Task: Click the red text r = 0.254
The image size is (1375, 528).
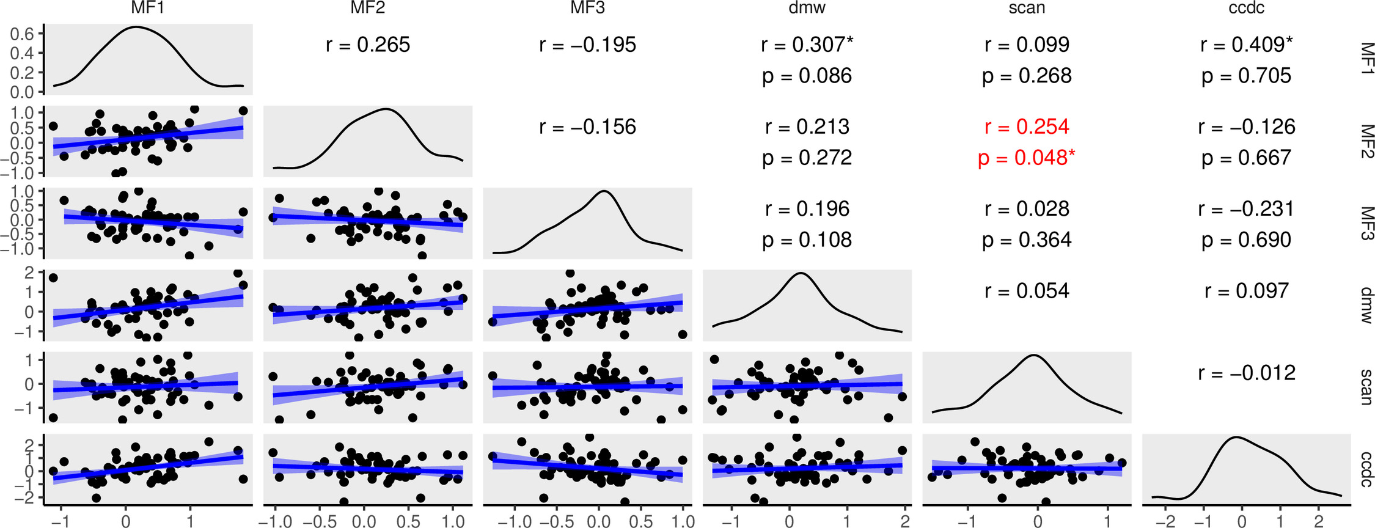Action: click(1027, 127)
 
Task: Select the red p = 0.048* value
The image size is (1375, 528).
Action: click(1027, 158)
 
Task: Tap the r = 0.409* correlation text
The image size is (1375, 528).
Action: click(1247, 45)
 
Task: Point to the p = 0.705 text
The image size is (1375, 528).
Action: click(1247, 76)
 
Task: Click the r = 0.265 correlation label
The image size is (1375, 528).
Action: click(368, 45)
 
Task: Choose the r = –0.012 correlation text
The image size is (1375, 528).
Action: click(1247, 373)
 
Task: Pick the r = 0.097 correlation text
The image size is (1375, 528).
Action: click(1247, 291)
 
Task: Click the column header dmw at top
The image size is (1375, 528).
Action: click(807, 8)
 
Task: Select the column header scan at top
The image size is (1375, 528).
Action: click(1027, 8)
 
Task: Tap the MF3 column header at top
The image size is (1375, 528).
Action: click(587, 8)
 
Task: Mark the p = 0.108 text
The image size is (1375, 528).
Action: click(807, 240)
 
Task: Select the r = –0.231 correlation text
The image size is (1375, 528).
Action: click(1247, 209)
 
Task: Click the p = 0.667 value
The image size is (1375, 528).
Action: click(1247, 158)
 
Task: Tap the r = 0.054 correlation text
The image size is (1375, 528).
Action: click(1027, 291)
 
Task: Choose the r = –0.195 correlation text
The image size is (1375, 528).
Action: click(587, 45)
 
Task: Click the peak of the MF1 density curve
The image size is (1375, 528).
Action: click(136, 27)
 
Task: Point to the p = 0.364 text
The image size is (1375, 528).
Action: click(1027, 240)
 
